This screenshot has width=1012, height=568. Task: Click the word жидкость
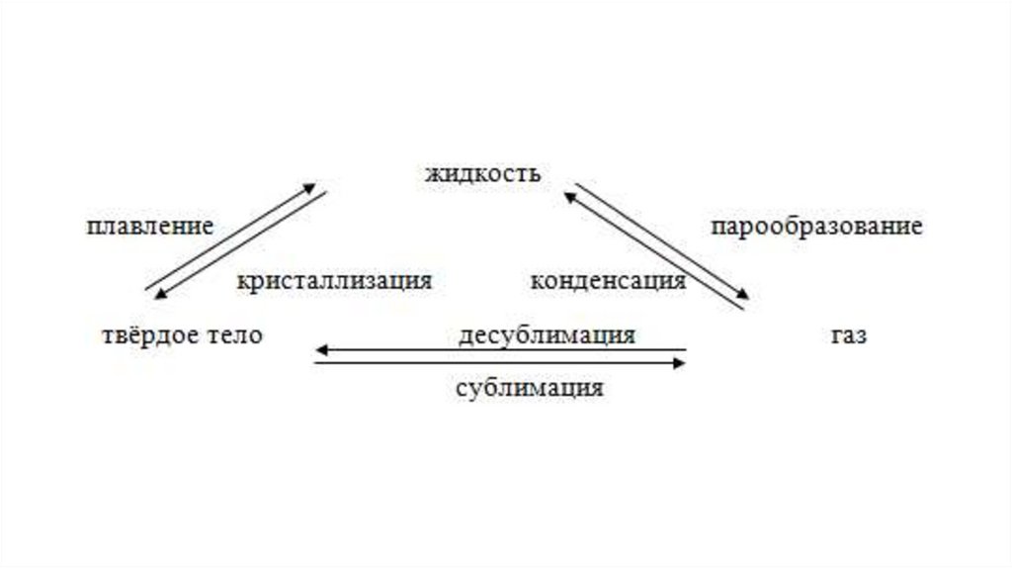tap(483, 175)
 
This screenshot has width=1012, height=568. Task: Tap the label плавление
tap(150, 227)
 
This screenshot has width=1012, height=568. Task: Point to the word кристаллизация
tap(334, 280)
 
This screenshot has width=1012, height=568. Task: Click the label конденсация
tap(608, 280)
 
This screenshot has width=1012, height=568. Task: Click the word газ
tap(849, 335)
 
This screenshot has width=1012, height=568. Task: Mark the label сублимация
tap(530, 387)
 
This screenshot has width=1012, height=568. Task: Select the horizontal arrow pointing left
tap(500, 350)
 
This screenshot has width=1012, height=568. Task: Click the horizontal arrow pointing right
tap(500, 363)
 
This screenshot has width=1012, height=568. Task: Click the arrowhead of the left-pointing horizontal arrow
tap(319, 350)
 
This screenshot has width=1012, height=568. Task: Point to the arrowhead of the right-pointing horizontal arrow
tap(681, 363)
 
